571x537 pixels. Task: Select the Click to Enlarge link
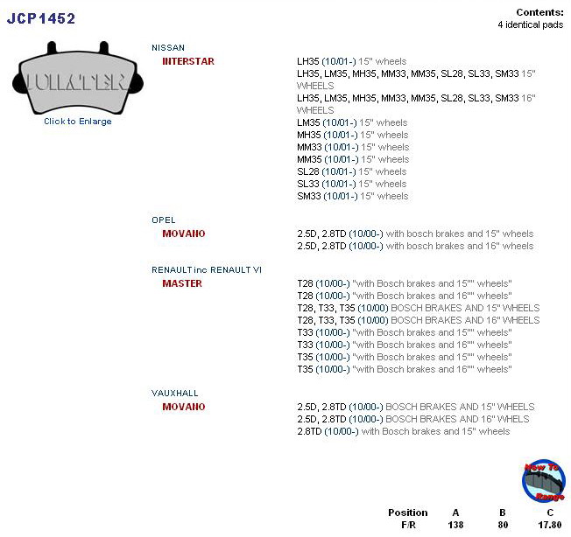coord(78,122)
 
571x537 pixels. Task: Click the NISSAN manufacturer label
coord(168,47)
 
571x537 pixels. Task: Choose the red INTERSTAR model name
coord(187,62)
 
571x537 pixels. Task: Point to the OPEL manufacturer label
coord(164,220)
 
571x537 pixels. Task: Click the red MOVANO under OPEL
coord(183,234)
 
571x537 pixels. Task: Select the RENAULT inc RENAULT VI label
coord(207,269)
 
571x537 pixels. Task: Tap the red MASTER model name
coord(182,283)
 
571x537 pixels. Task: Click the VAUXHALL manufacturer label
coord(175,394)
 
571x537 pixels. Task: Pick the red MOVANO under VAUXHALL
coord(183,408)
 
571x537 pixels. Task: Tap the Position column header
coord(407,513)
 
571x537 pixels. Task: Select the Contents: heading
coord(540,12)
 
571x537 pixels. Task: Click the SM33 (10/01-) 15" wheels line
coord(353,197)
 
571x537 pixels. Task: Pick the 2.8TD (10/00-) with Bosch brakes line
coord(403,432)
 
